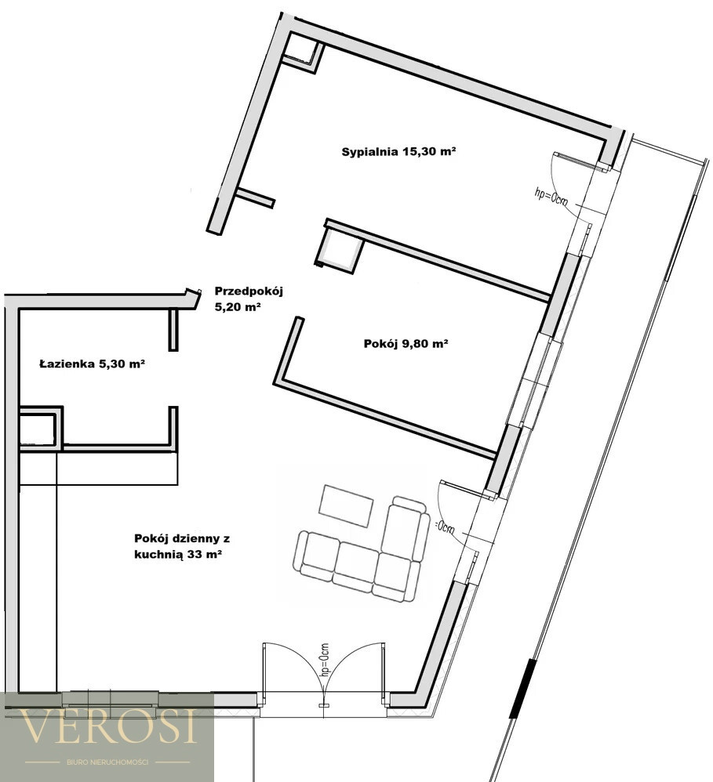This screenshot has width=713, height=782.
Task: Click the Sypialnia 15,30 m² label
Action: tap(398, 151)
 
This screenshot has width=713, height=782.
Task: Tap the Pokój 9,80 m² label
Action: tap(406, 344)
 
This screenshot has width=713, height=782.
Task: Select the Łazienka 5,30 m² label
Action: tap(92, 364)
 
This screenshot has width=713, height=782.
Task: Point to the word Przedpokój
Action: tap(249, 291)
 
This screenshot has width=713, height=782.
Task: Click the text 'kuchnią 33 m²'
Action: tap(178, 555)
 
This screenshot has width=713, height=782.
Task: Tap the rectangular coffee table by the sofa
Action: tap(346, 505)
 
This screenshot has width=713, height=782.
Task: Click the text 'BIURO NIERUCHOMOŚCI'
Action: tap(107, 762)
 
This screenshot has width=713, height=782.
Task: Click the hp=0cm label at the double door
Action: tap(325, 659)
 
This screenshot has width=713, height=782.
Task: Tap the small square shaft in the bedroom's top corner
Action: tap(302, 53)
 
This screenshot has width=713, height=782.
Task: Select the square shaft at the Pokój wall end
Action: tap(339, 248)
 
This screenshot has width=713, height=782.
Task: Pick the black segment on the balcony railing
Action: tap(522, 688)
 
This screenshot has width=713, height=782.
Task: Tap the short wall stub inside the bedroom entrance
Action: tap(255, 197)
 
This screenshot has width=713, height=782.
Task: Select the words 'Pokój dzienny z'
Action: tap(182, 538)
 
